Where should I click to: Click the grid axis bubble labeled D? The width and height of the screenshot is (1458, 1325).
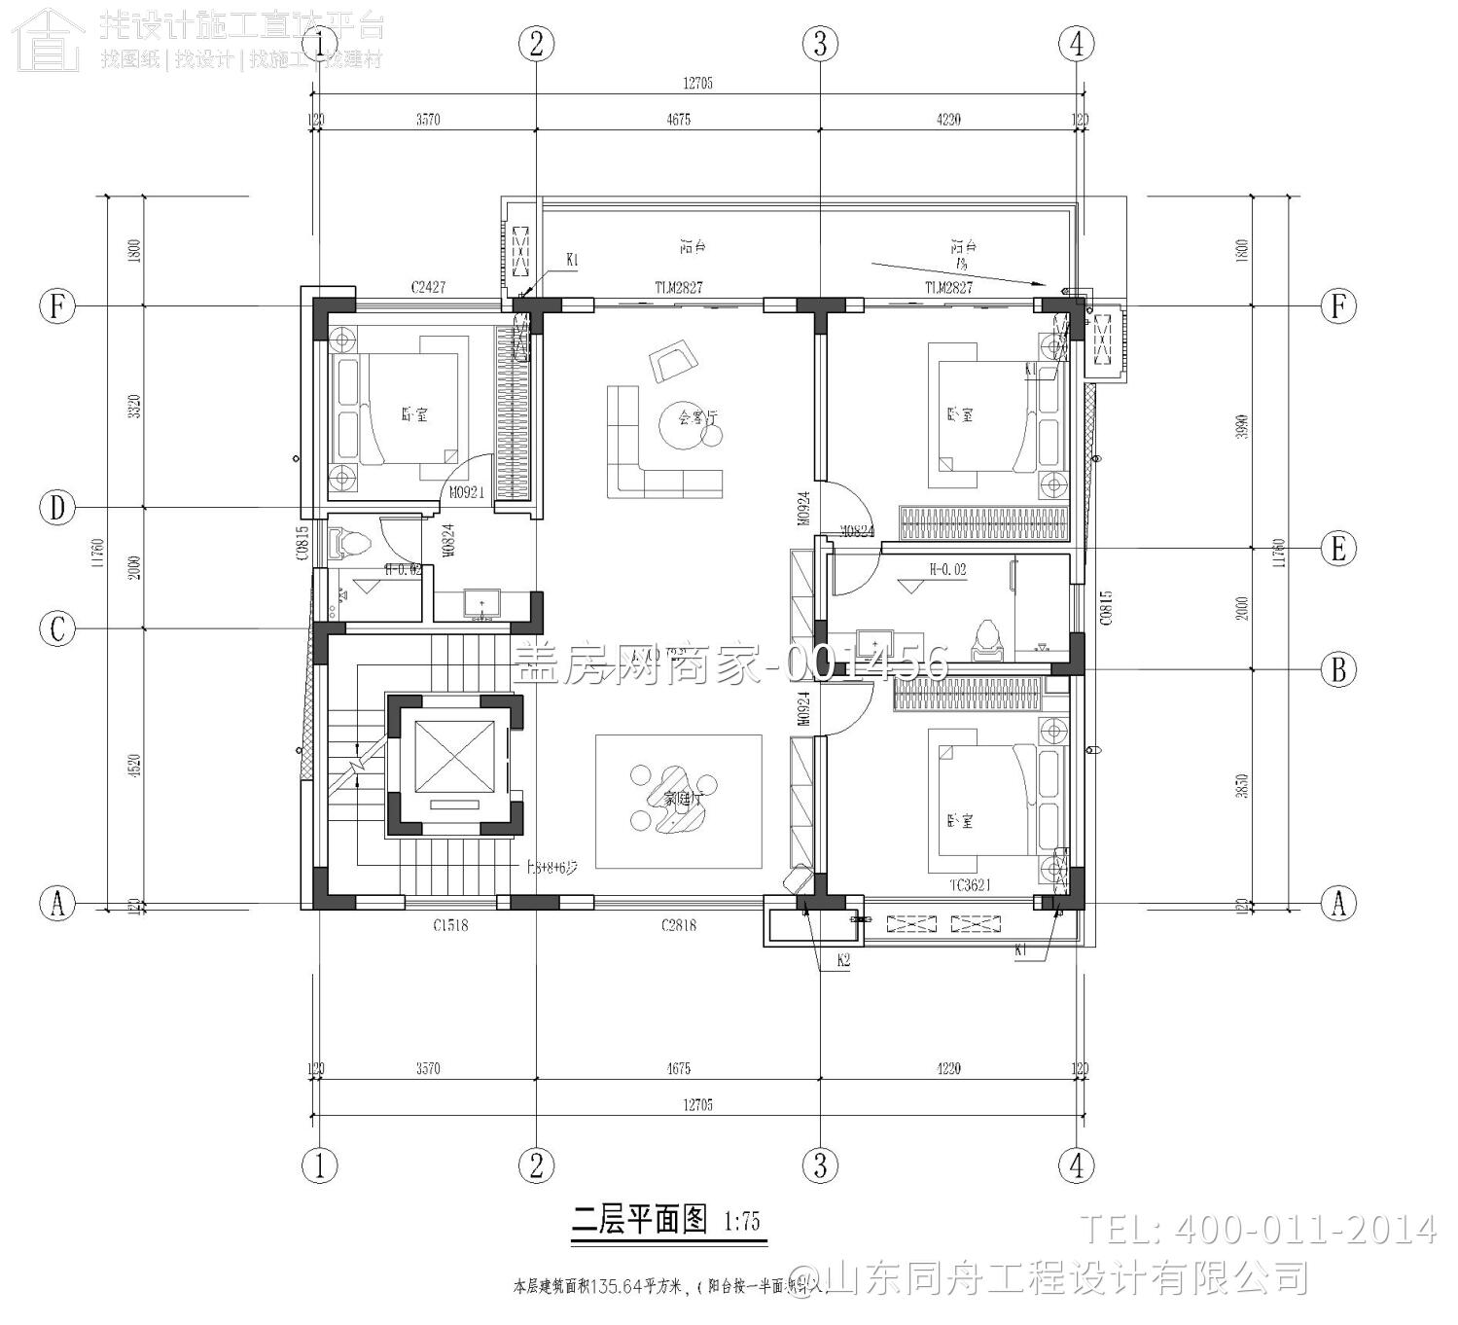click(57, 508)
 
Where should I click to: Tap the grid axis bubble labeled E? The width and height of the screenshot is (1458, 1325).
click(1338, 549)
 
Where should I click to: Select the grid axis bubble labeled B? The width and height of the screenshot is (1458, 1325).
click(1338, 669)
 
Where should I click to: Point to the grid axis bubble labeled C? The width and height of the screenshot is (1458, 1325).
click(57, 628)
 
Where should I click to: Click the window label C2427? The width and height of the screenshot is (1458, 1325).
click(427, 287)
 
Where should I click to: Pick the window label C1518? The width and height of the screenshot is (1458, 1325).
click(450, 925)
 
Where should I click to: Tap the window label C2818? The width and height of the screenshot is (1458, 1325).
click(678, 925)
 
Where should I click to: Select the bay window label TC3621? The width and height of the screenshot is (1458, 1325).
click(970, 885)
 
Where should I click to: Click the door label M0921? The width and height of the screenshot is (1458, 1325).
click(467, 493)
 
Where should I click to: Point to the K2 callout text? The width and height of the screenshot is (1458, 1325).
click(844, 960)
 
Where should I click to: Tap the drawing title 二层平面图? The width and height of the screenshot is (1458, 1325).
click(639, 1220)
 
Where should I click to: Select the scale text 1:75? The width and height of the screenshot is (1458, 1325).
click(742, 1222)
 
